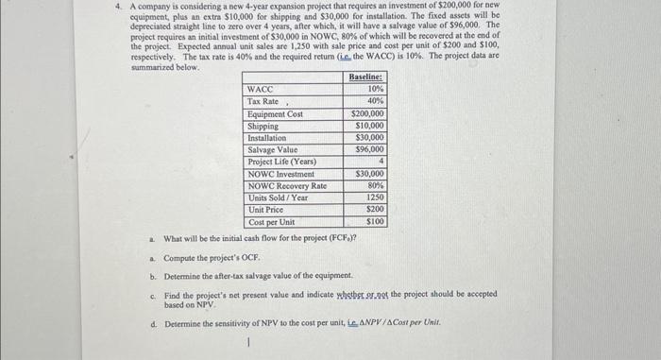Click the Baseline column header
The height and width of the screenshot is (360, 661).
pyautogui.click(x=366, y=76)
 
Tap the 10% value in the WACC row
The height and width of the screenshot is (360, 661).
pyautogui.click(x=376, y=88)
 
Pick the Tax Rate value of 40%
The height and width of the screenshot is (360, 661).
pyautogui.click(x=376, y=100)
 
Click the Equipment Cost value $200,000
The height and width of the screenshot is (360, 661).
pyautogui.click(x=368, y=113)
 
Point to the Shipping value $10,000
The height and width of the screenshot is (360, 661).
pyautogui.click(x=370, y=125)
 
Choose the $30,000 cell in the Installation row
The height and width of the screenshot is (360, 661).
pyautogui.click(x=370, y=137)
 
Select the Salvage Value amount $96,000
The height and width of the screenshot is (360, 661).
pyautogui.click(x=370, y=149)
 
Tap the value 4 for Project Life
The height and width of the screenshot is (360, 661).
pyautogui.click(x=381, y=162)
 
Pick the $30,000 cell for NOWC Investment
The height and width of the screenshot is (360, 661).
pyautogui.click(x=370, y=174)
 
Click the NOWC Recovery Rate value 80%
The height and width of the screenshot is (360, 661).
pyautogui.click(x=376, y=185)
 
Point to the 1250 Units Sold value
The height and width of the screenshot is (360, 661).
pyautogui.click(x=375, y=197)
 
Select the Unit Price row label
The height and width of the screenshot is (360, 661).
pyautogui.click(x=265, y=210)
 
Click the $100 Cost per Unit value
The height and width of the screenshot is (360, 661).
pyautogui.click(x=376, y=222)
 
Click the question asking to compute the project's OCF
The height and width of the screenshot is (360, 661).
pyautogui.click(x=213, y=258)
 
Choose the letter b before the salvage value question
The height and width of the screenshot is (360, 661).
pyautogui.click(x=152, y=276)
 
